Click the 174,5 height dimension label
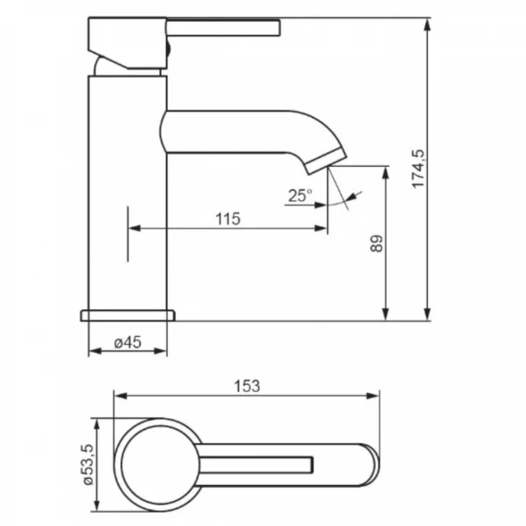[x=418, y=169]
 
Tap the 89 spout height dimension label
[x=376, y=244]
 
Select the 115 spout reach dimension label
[x=228, y=219]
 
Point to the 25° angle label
[x=300, y=196]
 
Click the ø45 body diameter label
[x=128, y=343]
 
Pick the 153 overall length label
[x=246, y=386]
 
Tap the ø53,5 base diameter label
[x=88, y=464]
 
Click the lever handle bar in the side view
[x=223, y=28]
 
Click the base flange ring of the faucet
[x=128, y=315]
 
